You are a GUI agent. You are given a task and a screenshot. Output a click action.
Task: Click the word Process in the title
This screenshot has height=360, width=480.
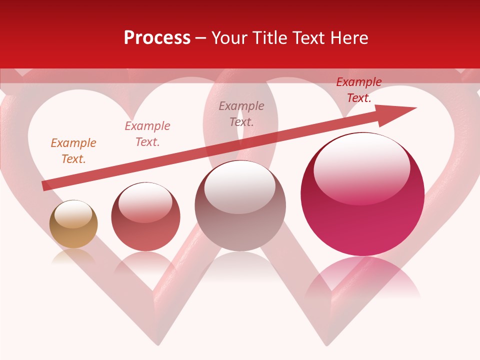(157, 38)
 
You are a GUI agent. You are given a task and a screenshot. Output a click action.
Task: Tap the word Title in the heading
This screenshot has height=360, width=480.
(271, 38)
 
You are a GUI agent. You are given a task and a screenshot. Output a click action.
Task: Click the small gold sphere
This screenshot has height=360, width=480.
(73, 225)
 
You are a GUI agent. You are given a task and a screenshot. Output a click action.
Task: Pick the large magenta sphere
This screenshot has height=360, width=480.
(362, 210)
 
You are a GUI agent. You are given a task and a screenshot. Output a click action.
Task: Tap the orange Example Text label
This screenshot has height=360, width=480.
(73, 151)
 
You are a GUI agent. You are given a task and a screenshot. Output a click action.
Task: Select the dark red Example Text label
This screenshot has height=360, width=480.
(359, 90)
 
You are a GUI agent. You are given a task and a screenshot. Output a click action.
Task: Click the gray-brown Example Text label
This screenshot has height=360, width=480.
(241, 113)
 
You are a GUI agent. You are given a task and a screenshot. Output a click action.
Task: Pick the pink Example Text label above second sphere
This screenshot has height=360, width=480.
(147, 134)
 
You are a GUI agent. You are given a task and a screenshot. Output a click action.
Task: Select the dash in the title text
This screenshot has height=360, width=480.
(200, 38)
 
